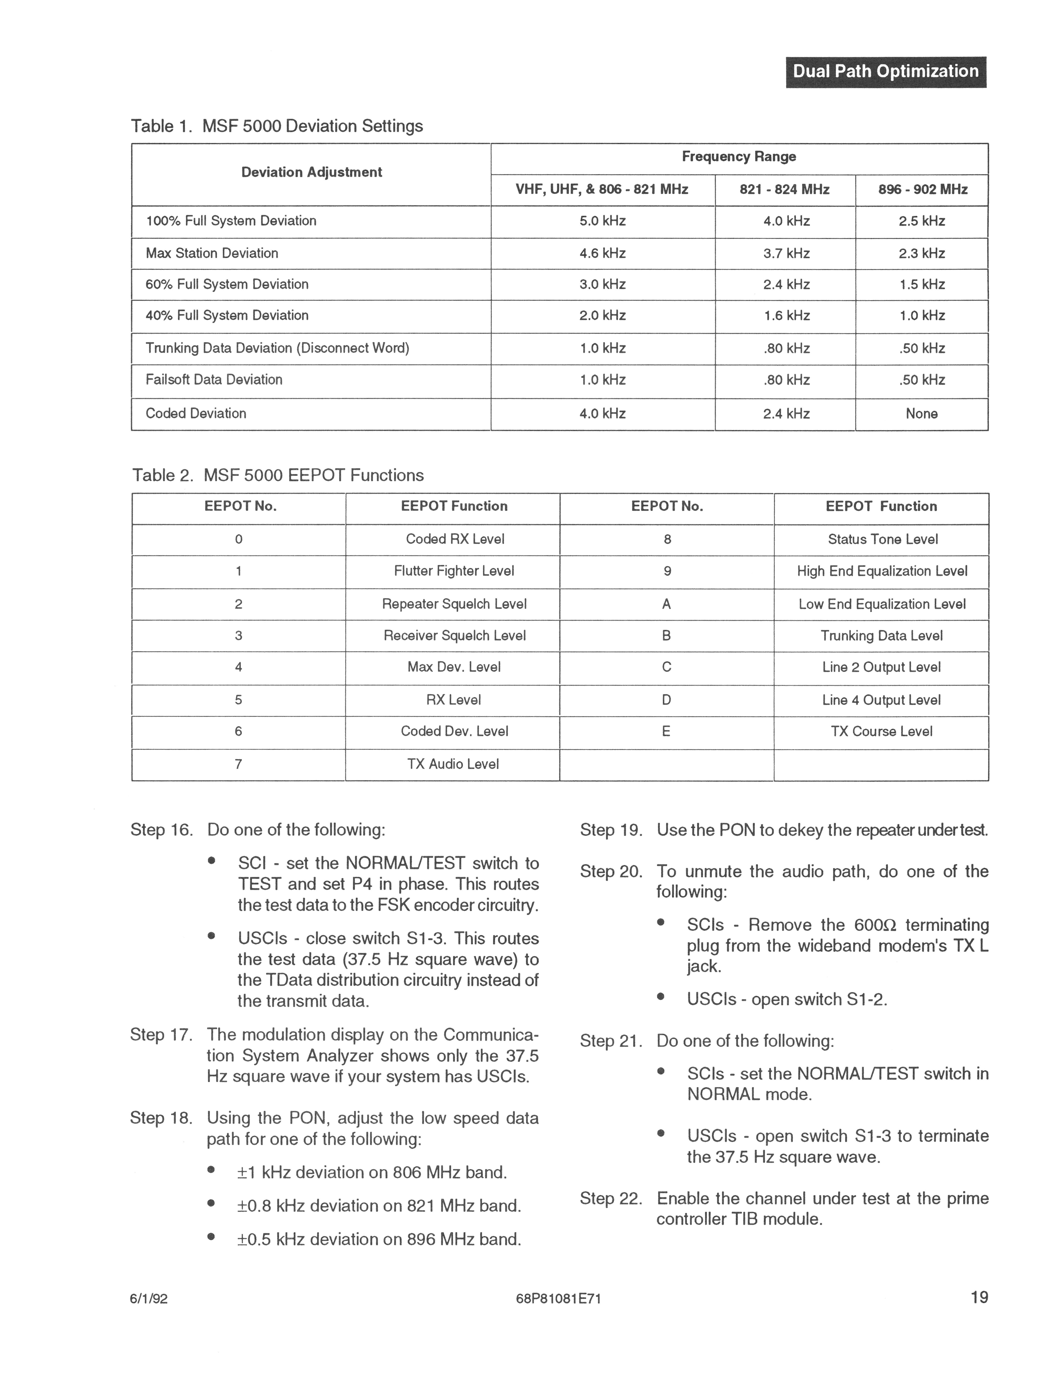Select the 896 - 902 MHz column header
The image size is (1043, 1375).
(922, 190)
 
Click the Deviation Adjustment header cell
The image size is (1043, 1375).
(311, 172)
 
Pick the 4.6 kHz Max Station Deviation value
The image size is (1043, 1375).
(602, 253)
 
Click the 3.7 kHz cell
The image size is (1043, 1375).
(786, 253)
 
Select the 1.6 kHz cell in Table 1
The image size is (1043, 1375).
(786, 316)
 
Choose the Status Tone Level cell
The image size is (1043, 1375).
(882, 540)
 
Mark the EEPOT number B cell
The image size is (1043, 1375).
(666, 636)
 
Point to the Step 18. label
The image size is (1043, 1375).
(161, 1118)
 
